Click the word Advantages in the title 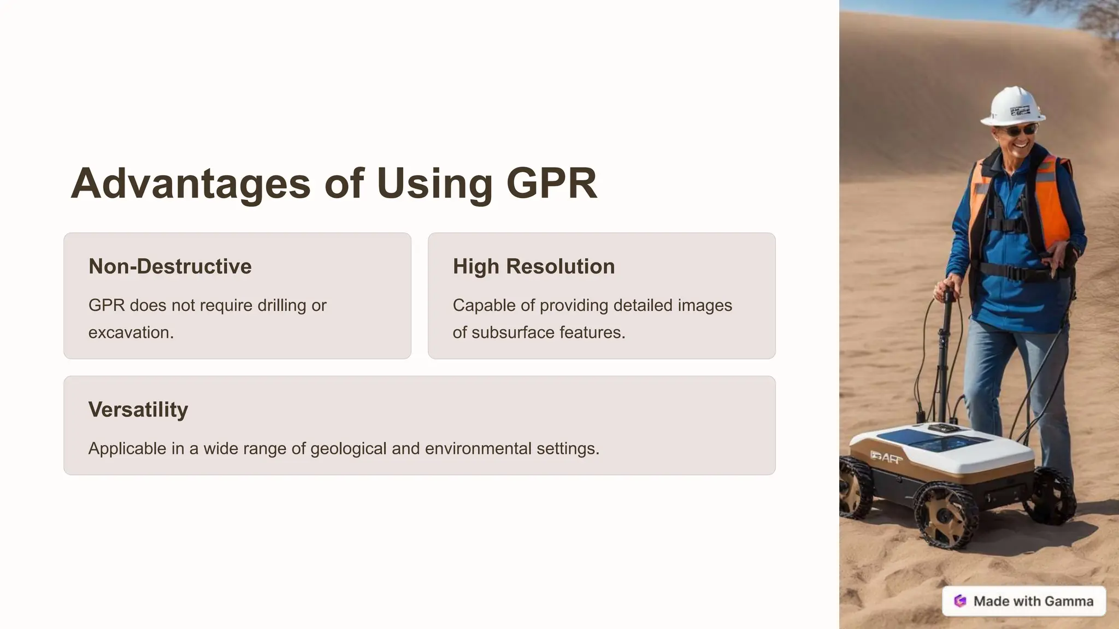(191, 183)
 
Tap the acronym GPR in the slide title (551, 183)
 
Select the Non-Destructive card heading (170, 266)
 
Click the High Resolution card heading (533, 266)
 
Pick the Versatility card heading (138, 410)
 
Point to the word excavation (131, 333)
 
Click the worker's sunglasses (1020, 130)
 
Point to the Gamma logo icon (960, 601)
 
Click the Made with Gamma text (1033, 601)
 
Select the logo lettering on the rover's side (886, 457)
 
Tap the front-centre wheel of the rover (945, 514)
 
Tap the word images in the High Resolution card (705, 305)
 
